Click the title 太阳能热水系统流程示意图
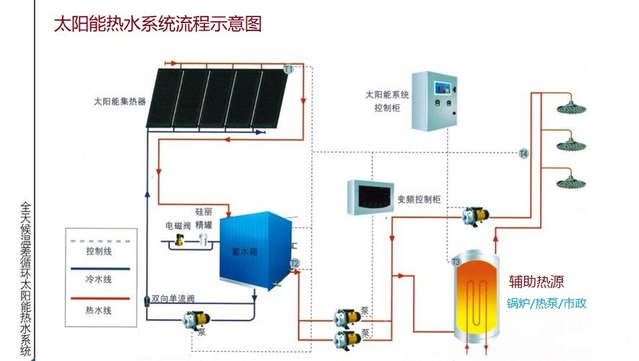point(157,24)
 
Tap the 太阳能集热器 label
point(120,101)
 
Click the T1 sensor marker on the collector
point(288,69)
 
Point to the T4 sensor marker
point(524,154)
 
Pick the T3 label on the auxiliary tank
point(456,261)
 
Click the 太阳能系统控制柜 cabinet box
point(436,100)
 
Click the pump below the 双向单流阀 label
point(194,319)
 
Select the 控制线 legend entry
point(98,251)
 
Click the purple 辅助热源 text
point(536,282)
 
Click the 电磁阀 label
point(178,225)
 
